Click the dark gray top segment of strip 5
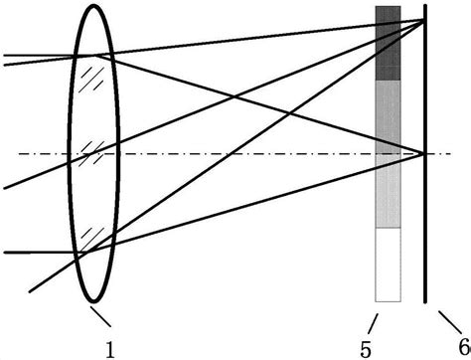coord(388,43)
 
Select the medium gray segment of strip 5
coord(388,114)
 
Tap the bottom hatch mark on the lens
coord(91,236)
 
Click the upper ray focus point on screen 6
coord(424,20)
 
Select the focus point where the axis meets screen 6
coord(425,153)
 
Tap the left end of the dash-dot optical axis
coord(18,153)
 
